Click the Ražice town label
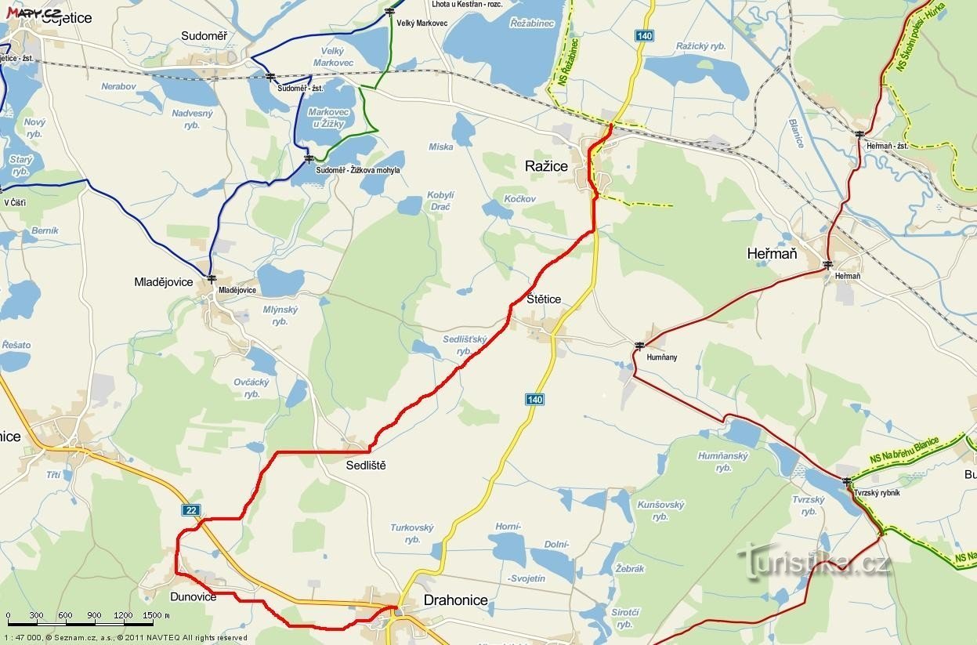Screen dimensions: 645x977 click(546, 166)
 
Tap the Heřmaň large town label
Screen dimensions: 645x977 click(772, 253)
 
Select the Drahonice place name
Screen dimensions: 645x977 click(455, 600)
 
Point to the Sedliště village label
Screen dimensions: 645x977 click(366, 466)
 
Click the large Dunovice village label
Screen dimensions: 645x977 click(193, 597)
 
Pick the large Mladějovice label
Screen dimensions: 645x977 click(164, 282)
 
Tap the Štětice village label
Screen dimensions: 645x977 click(544, 299)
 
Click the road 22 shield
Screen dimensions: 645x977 click(191, 510)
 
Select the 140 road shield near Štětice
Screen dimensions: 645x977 click(534, 400)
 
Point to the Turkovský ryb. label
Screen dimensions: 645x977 click(412, 534)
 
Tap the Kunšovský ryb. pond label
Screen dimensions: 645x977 click(660, 510)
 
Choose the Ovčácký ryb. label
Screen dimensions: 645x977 click(251, 388)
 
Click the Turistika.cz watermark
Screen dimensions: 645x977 click(814, 561)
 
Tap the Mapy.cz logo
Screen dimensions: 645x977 click(34, 13)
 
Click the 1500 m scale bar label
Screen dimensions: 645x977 click(156, 615)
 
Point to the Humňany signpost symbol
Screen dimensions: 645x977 click(640, 345)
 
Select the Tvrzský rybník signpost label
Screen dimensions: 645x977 click(877, 493)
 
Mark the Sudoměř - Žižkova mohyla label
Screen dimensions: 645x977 click(357, 170)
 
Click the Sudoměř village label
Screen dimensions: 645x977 click(203, 36)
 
